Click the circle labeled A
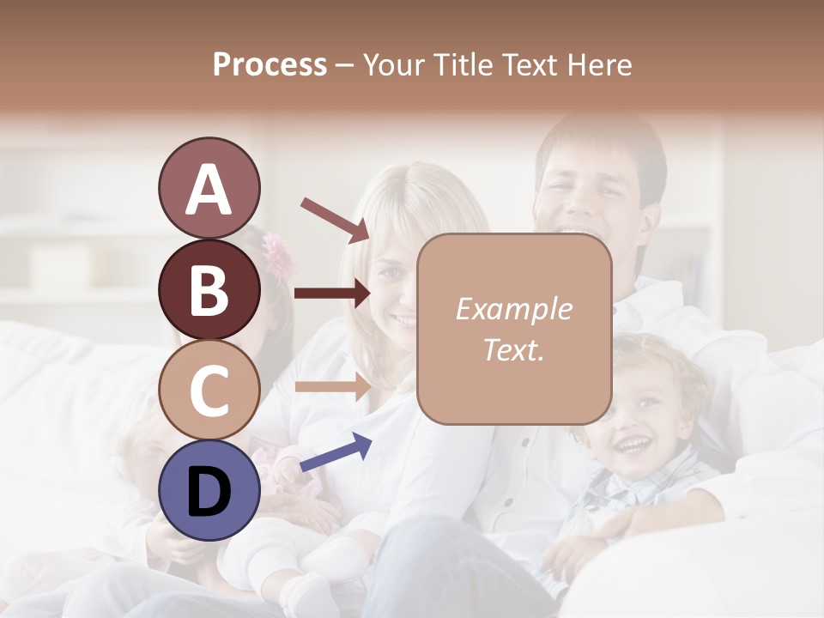pyautogui.click(x=209, y=189)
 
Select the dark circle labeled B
pyautogui.click(x=209, y=289)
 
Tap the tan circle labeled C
pyautogui.click(x=209, y=390)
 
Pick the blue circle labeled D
pyautogui.click(x=209, y=490)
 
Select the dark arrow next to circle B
pyautogui.click(x=332, y=294)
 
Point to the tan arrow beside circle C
pyautogui.click(x=332, y=385)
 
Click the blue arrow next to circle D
pyautogui.click(x=336, y=452)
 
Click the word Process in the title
pyautogui.click(x=270, y=64)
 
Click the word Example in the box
pyautogui.click(x=513, y=309)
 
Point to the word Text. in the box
pyautogui.click(x=513, y=349)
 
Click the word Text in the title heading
pyautogui.click(x=525, y=64)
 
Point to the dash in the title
pyautogui.click(x=344, y=66)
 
